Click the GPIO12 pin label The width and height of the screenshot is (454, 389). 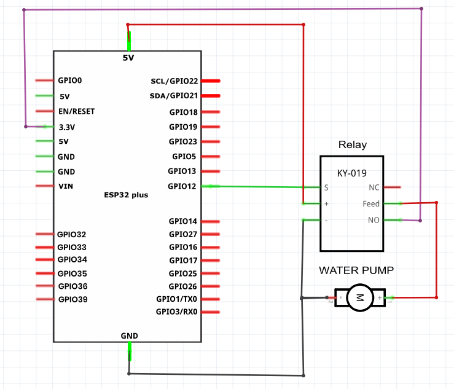pyautogui.click(x=182, y=186)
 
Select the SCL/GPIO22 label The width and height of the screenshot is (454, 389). pyautogui.click(x=174, y=81)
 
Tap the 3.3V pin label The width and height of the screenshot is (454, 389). pyautogui.click(x=67, y=127)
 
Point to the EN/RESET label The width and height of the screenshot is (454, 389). pyautogui.click(x=76, y=111)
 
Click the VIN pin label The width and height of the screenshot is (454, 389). pyautogui.click(x=66, y=186)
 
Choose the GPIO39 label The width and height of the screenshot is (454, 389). pyautogui.click(x=73, y=299)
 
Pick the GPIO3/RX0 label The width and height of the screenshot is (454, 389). pyautogui.click(x=176, y=312)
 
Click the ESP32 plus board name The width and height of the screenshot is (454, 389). pyautogui.click(x=126, y=195)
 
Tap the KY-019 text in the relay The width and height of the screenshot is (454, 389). pyautogui.click(x=352, y=173)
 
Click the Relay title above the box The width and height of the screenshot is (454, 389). pyautogui.click(x=353, y=144)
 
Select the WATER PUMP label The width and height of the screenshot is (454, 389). pyautogui.click(x=356, y=270)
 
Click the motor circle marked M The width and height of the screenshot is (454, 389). pyautogui.click(x=360, y=297)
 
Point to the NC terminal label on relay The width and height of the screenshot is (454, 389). pyautogui.click(x=374, y=187)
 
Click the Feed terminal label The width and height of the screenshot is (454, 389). pyautogui.click(x=371, y=203)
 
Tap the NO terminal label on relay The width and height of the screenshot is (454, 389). pyautogui.click(x=374, y=220)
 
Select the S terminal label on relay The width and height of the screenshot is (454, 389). pyautogui.click(x=326, y=187)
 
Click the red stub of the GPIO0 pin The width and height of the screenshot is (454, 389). pyautogui.click(x=44, y=81)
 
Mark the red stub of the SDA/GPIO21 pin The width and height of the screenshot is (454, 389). pyautogui.click(x=211, y=96)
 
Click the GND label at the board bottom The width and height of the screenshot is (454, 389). pyautogui.click(x=129, y=336)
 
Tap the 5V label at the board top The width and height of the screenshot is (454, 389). pyautogui.click(x=128, y=58)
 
